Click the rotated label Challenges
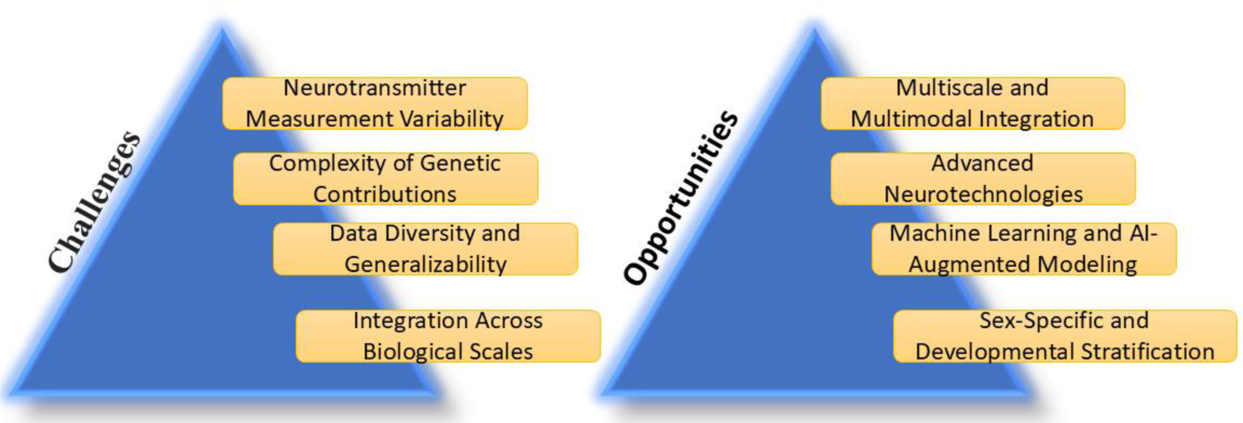coord(94,201)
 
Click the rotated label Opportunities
coord(680,197)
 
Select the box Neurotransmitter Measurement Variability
coord(375,104)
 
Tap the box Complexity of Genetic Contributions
coord(385,179)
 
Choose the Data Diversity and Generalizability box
coord(425,249)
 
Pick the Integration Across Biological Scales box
coord(448,336)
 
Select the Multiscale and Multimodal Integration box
coord(973,104)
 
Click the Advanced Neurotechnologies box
coord(983,179)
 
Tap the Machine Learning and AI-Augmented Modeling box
coord(1024,249)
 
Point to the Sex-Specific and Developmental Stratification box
coord(1065,336)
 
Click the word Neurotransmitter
coord(375,88)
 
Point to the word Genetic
coord(460,163)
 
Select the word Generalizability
coord(425,264)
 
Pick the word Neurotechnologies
coord(983,194)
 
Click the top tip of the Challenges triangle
coord(223,30)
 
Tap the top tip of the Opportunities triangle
coord(814,30)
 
